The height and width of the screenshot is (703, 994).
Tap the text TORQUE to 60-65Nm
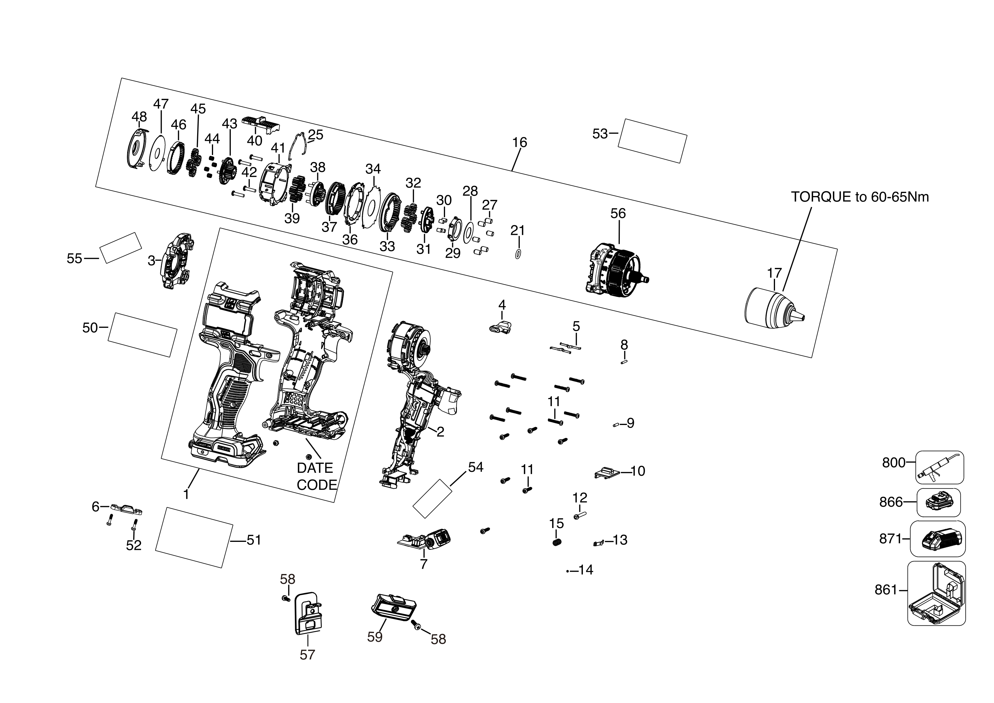click(x=859, y=197)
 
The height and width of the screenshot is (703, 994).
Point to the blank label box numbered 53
click(x=652, y=141)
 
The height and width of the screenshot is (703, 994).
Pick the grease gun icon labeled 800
click(x=939, y=467)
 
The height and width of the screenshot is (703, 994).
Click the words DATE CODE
click(x=316, y=476)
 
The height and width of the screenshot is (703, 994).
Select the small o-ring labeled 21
click(x=518, y=254)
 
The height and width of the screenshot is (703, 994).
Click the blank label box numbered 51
click(x=194, y=537)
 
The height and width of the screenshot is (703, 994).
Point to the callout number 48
click(x=139, y=117)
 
